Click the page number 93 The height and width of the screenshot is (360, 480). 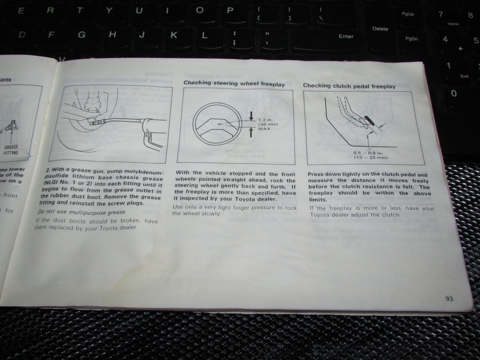[449, 299]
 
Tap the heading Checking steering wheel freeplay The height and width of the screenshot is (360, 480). [234, 84]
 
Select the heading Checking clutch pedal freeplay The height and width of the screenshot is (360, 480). [349, 86]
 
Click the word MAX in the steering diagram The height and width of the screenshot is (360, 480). [264, 129]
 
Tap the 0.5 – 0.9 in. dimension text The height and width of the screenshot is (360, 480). [368, 153]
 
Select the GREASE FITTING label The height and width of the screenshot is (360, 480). [11, 150]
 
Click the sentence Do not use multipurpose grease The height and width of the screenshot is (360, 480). [82, 212]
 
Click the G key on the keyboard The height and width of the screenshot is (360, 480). [81, 35]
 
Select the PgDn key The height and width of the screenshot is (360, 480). [411, 39]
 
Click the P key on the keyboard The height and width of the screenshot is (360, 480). [230, 11]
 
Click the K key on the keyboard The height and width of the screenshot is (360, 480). [173, 35]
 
